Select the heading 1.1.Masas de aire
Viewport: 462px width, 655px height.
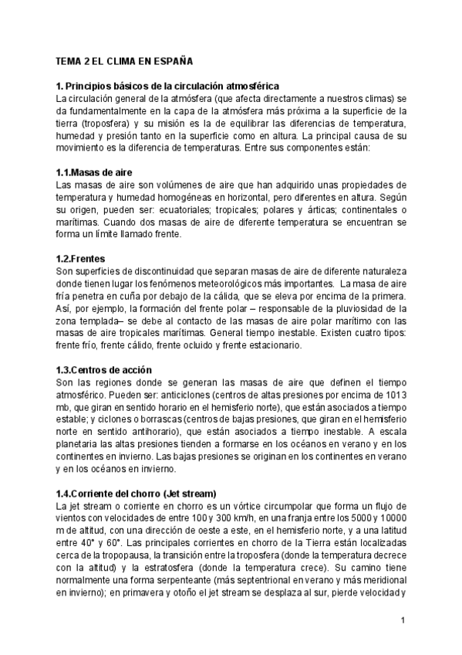[95, 173]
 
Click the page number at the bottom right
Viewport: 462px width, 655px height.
[403, 620]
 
